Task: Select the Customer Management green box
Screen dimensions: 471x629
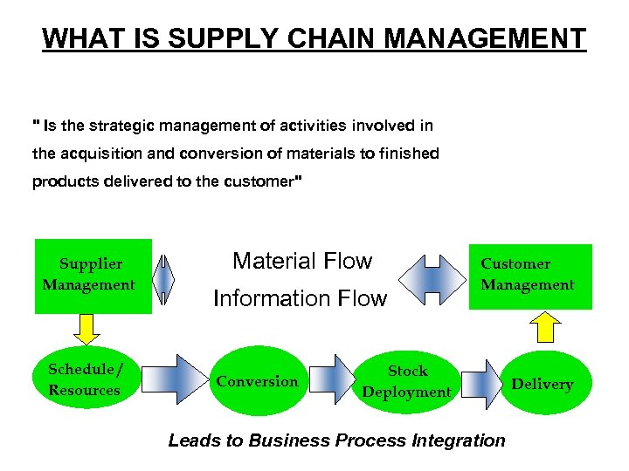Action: (529, 274)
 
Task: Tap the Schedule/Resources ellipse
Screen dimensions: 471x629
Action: (84, 380)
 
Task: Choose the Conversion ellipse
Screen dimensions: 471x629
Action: (257, 382)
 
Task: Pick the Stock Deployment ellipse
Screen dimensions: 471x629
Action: (407, 382)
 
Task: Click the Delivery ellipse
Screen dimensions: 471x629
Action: (542, 384)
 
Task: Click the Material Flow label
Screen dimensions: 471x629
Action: (301, 261)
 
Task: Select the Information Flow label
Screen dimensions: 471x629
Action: (300, 299)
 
